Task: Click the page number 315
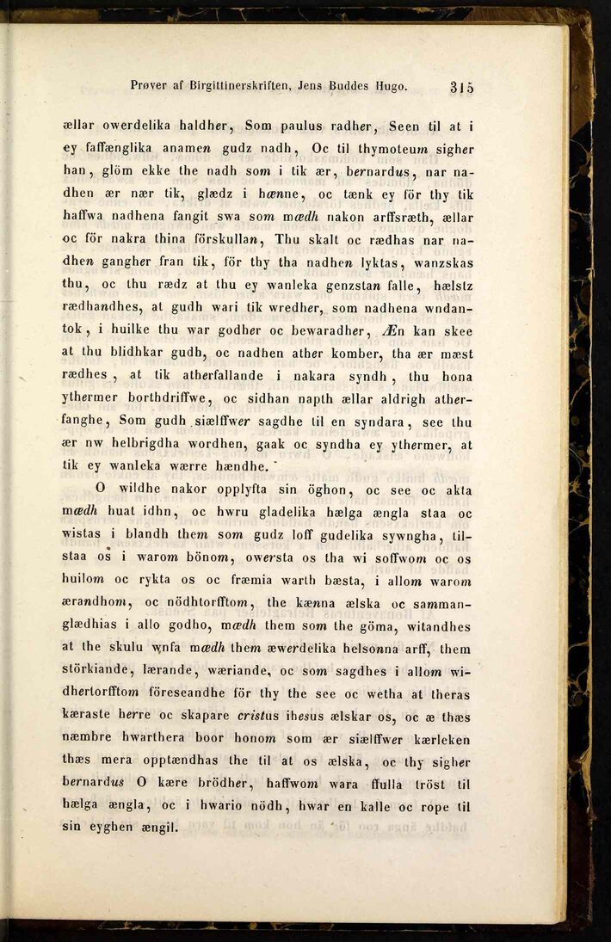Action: click(x=462, y=86)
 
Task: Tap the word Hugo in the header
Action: click(x=390, y=86)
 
